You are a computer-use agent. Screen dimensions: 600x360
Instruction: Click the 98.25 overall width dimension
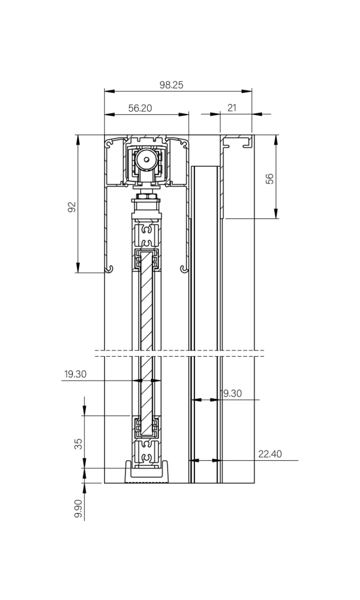(x=171, y=85)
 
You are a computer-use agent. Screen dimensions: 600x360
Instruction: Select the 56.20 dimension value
(x=140, y=109)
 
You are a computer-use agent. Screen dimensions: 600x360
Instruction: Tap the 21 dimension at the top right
(x=232, y=108)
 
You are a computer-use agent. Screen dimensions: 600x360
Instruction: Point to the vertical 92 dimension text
(x=71, y=207)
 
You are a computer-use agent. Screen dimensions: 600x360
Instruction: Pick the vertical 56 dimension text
(x=270, y=178)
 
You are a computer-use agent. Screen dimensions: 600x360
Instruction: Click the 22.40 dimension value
(x=270, y=454)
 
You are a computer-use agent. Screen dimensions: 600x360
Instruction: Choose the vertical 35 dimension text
(x=79, y=444)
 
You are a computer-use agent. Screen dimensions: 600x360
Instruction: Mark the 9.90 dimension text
(x=78, y=509)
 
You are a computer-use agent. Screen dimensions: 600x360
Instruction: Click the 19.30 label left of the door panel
(x=75, y=375)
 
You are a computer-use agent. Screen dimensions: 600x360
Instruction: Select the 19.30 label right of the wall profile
(x=231, y=394)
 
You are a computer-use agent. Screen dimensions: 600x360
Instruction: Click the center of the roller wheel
(x=146, y=159)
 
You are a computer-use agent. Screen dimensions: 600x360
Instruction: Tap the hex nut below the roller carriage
(x=146, y=196)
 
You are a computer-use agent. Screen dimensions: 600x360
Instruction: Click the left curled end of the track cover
(x=111, y=269)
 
